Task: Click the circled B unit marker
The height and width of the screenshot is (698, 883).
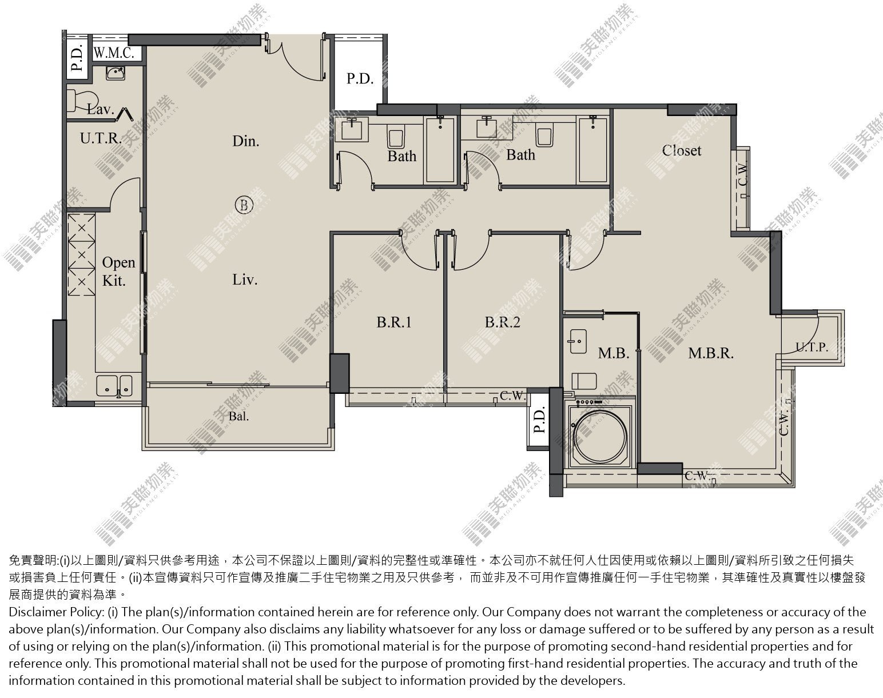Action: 244,205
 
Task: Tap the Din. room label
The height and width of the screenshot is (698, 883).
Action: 246,141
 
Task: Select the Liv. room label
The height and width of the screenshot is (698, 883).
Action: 245,280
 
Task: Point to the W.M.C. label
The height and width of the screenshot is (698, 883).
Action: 114,53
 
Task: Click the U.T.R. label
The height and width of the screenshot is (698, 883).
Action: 101,138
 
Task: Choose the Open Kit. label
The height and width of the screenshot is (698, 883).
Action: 118,271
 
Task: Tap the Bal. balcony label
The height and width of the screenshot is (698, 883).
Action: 239,417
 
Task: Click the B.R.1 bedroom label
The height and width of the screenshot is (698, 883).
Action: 394,322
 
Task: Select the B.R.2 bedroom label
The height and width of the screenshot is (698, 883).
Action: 502,322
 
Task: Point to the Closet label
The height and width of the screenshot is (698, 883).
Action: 682,150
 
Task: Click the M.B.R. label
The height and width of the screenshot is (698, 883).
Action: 711,353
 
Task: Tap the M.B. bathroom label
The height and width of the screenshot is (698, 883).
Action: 614,353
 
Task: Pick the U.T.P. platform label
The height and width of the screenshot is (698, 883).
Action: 812,348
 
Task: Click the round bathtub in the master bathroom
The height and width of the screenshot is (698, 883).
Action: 600,436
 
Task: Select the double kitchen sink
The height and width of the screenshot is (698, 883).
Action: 114,386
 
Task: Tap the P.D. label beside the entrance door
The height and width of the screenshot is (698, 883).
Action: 360,78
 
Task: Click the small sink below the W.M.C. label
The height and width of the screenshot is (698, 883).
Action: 116,73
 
